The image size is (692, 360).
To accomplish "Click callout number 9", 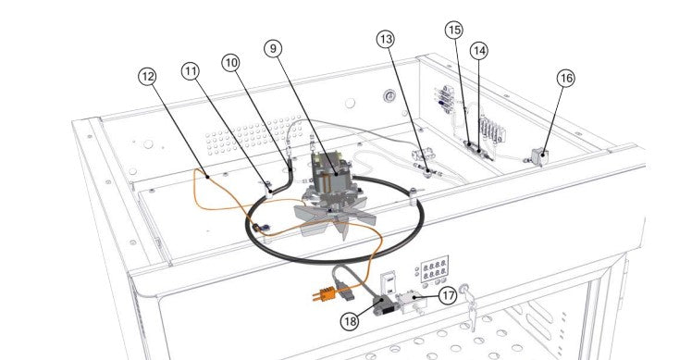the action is (x=273, y=48).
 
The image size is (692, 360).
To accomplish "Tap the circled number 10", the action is (x=230, y=63).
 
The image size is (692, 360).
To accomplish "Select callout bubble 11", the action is (x=191, y=71).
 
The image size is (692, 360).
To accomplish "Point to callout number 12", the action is (x=148, y=77).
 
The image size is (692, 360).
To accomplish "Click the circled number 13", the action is (x=386, y=39).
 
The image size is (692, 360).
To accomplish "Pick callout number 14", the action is (x=479, y=51).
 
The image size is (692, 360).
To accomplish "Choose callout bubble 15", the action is (x=453, y=30).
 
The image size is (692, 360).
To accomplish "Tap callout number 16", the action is (x=566, y=78).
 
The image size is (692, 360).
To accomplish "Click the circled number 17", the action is (x=448, y=295).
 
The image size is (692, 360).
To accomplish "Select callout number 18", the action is (x=350, y=321).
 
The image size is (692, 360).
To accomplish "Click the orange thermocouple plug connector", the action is (x=324, y=294).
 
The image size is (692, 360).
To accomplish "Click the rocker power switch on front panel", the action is (x=389, y=283).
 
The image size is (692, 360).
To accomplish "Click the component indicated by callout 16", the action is (x=539, y=156).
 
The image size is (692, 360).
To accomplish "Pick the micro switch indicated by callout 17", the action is (x=411, y=303).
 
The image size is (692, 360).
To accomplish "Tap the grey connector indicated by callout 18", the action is (x=382, y=305).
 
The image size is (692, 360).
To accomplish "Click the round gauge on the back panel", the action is (x=389, y=95).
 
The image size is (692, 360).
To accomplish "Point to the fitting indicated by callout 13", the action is (x=426, y=171).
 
